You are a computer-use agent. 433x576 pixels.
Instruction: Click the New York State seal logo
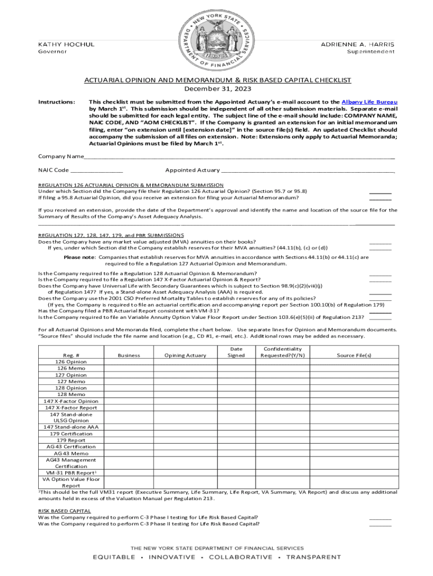click(x=216, y=40)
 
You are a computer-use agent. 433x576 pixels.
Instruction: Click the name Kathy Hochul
click(x=66, y=44)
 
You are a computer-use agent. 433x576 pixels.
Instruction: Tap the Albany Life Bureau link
click(x=373, y=102)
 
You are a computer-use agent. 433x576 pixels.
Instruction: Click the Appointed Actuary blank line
click(x=308, y=170)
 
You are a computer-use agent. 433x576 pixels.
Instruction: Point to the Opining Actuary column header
click(x=185, y=355)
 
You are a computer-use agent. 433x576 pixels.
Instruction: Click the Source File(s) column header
click(x=354, y=355)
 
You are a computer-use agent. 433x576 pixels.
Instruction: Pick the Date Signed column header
click(x=236, y=352)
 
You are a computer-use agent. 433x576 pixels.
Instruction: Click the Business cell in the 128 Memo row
click(x=129, y=394)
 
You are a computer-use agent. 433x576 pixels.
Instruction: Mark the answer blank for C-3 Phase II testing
click(x=380, y=524)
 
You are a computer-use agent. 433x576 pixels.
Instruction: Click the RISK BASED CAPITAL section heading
click(x=64, y=511)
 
